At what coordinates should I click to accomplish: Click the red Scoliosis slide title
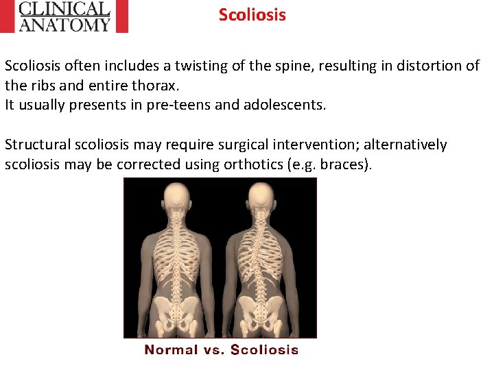coord(252,15)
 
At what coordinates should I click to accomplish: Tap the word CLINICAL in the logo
coord(64,9)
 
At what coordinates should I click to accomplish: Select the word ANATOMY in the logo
coord(64,25)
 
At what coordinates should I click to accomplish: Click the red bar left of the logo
coord(8,16)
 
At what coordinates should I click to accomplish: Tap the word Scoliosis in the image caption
coord(264,350)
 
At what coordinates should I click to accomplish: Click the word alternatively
coord(405,145)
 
